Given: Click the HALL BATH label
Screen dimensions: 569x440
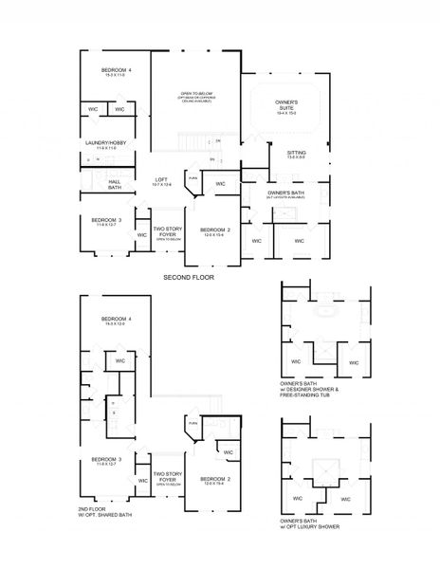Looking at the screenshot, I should point(115,185).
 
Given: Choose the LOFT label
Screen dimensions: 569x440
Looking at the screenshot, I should point(162,179).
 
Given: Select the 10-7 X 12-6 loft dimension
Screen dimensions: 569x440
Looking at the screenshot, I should point(162,185).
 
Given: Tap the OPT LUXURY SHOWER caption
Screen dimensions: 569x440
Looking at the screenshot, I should point(310,525).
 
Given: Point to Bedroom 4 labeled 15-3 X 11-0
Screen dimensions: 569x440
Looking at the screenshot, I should point(118,72).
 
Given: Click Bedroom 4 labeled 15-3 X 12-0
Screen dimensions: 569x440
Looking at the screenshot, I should point(118,320).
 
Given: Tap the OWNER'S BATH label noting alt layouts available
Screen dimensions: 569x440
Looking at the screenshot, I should point(284,193).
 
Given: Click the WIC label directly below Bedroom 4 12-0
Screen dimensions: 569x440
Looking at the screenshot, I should point(119,361).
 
